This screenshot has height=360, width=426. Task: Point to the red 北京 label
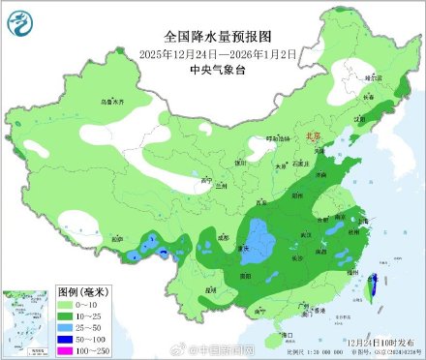tap(311, 138)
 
